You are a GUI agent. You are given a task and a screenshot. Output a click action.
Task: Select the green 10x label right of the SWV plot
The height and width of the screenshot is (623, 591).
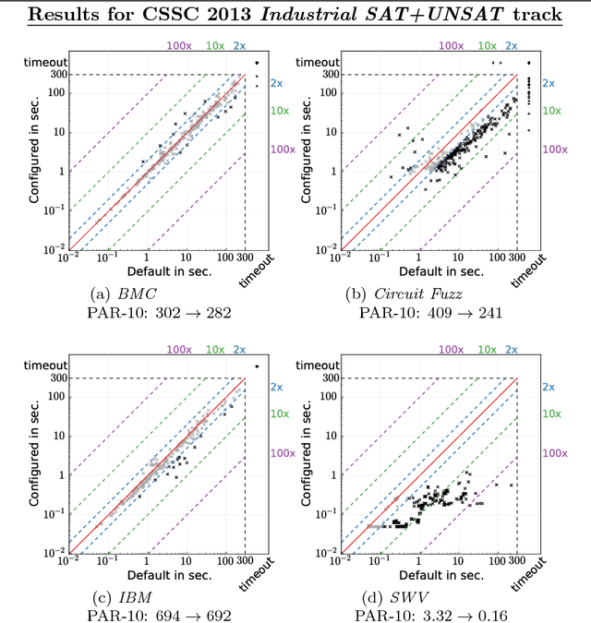click(x=550, y=414)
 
